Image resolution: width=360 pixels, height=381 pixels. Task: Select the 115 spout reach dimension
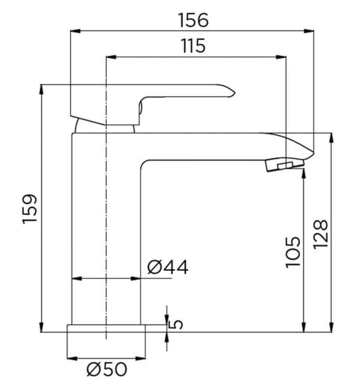tap(194, 46)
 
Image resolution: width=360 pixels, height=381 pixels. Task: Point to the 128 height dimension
tap(321, 234)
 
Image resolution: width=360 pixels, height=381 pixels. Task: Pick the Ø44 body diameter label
tap(168, 268)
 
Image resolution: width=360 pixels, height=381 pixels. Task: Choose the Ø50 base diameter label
tap(107, 370)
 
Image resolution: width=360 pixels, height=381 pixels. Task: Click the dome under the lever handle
tap(104, 127)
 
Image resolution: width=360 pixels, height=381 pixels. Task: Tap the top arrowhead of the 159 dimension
tap(42, 88)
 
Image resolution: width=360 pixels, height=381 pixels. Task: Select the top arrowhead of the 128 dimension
tap(331, 136)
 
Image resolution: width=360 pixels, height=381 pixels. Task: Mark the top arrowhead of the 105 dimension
tap(303, 173)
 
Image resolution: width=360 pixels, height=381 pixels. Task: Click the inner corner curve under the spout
tap(146, 164)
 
